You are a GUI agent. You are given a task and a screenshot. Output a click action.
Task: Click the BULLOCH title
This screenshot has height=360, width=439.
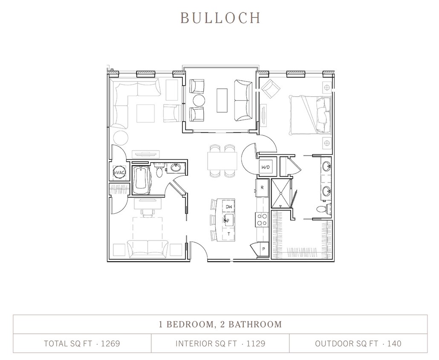220,18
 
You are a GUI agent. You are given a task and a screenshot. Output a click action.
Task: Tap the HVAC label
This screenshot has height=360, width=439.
119,173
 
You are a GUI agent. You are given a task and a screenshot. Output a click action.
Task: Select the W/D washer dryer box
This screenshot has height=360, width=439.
265,167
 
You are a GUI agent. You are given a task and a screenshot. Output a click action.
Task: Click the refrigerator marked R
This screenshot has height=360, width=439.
262,188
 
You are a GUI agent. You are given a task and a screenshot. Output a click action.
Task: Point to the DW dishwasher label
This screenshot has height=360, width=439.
228,207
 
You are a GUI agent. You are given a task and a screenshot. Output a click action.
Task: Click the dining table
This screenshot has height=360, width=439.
222,161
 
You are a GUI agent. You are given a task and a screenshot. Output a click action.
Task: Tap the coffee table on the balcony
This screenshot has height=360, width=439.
222,100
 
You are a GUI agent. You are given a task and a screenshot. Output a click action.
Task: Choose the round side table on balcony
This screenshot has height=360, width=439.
199,101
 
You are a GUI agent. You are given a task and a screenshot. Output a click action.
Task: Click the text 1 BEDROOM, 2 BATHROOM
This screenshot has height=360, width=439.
220,324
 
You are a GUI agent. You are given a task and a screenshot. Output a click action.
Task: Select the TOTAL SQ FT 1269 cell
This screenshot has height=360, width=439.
82,343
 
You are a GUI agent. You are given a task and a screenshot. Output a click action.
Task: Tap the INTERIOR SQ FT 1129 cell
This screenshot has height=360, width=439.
220,343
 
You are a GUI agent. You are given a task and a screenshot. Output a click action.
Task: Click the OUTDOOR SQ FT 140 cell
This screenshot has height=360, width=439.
358,343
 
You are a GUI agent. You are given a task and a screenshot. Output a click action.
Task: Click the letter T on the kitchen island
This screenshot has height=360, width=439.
228,234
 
